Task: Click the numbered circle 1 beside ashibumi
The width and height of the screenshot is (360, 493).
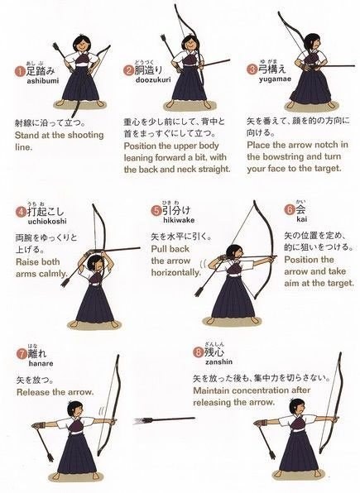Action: point(20,71)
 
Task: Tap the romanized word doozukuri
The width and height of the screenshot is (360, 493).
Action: point(153,80)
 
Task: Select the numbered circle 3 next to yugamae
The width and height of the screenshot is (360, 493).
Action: point(252,69)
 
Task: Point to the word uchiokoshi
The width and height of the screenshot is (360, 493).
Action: point(47,222)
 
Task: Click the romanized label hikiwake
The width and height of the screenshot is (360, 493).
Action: point(179,220)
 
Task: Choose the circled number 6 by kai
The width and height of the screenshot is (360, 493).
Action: point(289,209)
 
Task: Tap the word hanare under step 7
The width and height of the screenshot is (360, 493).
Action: point(41,364)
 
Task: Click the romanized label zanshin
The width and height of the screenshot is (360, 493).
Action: point(219,361)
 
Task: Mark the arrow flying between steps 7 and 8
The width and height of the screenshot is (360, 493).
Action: point(164,419)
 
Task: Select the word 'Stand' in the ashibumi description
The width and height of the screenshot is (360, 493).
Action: point(26,135)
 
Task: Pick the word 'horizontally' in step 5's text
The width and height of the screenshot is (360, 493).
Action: point(176,272)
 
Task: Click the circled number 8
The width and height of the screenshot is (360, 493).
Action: point(198,352)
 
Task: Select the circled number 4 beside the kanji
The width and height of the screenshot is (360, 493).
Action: point(21,212)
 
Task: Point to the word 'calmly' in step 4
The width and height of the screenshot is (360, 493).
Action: point(53,274)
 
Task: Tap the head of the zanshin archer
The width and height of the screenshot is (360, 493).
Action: point(297,407)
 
